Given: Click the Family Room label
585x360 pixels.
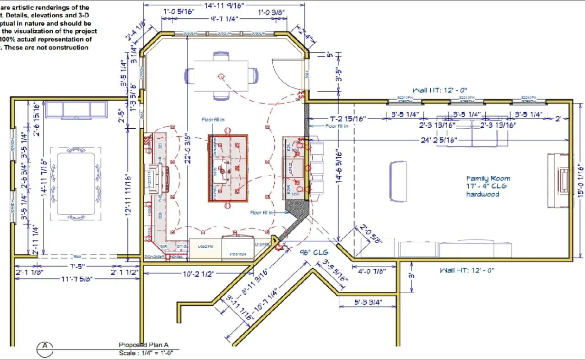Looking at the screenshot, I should point(488,179).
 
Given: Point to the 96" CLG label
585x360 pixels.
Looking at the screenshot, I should point(314,252).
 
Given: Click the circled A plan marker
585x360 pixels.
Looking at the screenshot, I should point(45,346).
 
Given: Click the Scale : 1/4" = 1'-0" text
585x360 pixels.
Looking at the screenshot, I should point(146,353).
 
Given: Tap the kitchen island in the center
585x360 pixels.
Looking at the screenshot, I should point(228,168).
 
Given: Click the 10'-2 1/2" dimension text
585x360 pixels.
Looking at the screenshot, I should point(197,274).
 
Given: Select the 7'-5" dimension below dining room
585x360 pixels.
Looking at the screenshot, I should point(76,267).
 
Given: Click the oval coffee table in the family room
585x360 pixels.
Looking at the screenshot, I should point(398,181).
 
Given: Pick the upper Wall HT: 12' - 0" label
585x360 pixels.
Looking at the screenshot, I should point(440,91).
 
